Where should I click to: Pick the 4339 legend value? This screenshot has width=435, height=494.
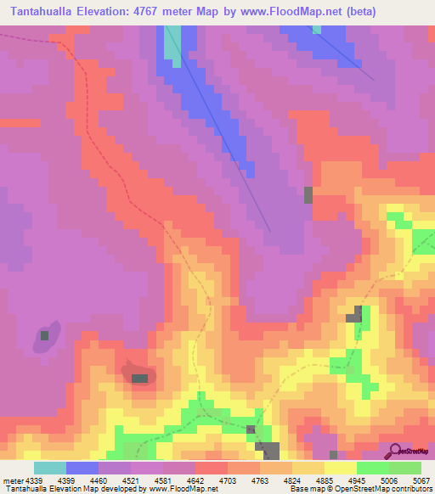pos(36,480)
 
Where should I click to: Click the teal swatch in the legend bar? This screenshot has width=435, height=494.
pos(49,468)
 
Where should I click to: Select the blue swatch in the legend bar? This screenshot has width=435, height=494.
pos(82,468)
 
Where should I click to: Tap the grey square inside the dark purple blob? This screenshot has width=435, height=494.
pos(44,335)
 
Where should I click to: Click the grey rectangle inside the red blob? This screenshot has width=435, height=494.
pos(139,378)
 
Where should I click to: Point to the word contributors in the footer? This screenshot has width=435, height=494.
pos(412,489)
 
